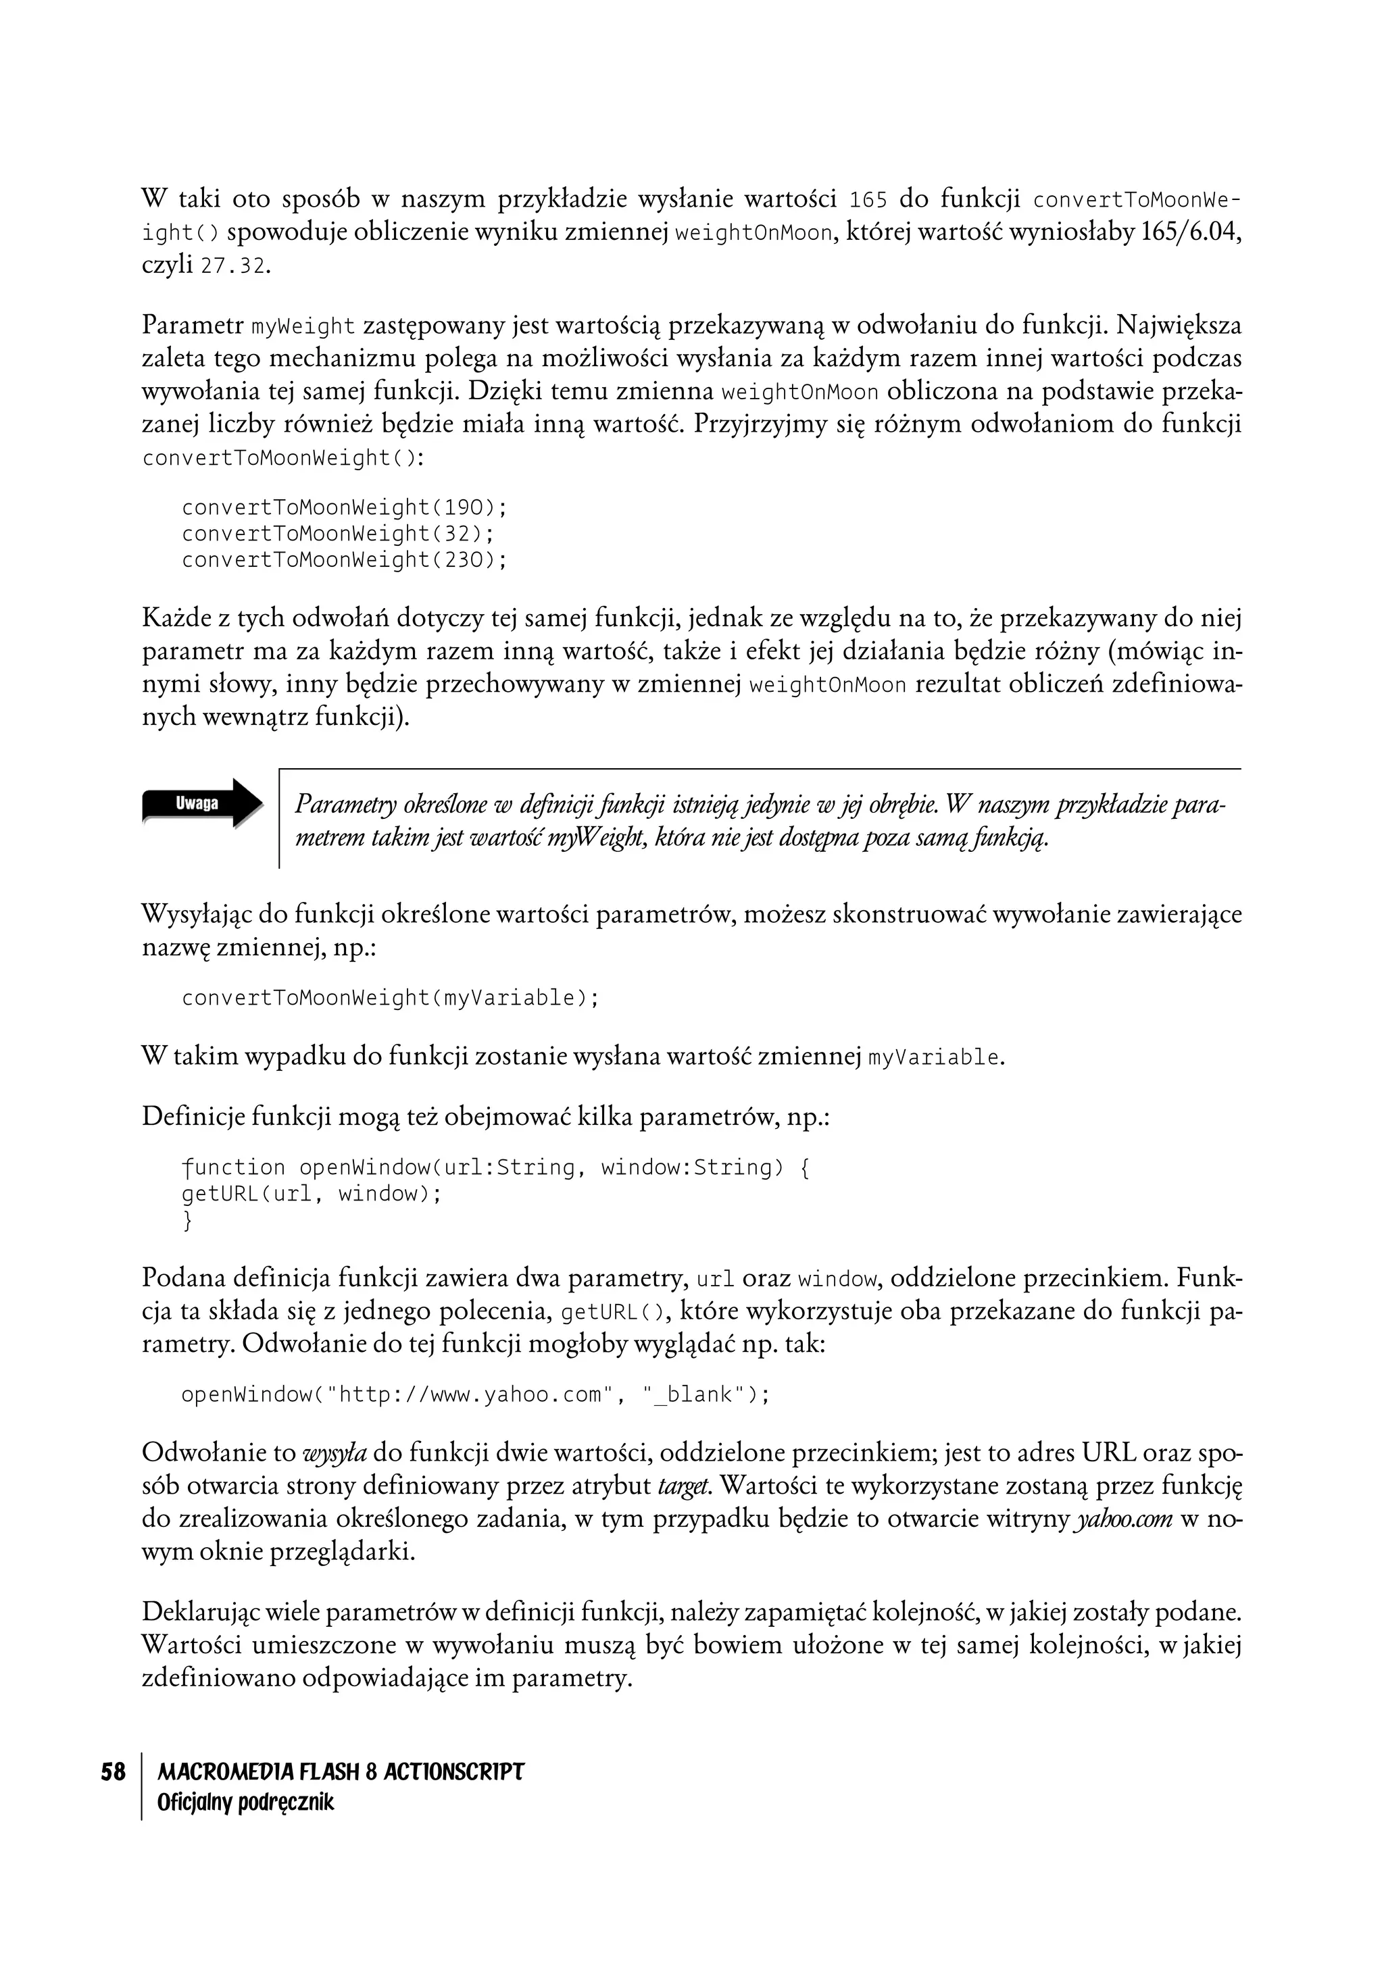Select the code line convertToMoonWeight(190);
[344, 508]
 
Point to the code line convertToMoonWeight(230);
[344, 560]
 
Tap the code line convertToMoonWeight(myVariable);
[390, 998]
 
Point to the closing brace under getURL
[188, 1220]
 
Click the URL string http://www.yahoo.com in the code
[471, 1395]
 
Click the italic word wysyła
[335, 1453]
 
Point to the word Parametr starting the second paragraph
[193, 326]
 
